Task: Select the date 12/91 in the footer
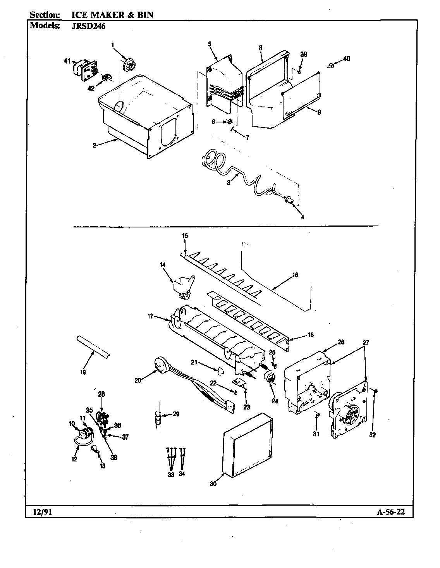(x=39, y=512)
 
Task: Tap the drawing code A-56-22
(x=390, y=512)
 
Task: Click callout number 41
(x=67, y=61)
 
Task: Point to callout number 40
(x=346, y=59)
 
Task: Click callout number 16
(x=295, y=275)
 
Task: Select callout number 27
(x=366, y=343)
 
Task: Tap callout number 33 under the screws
(x=171, y=475)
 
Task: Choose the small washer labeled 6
(x=229, y=122)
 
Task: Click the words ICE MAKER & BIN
(x=112, y=15)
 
